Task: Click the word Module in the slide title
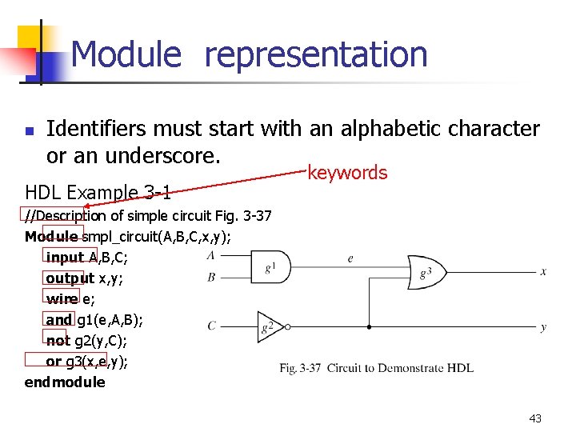(x=126, y=55)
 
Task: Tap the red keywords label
(x=347, y=173)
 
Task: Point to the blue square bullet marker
(x=29, y=130)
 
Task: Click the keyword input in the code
(x=65, y=258)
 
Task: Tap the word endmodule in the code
(x=65, y=382)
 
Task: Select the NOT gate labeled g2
(x=270, y=326)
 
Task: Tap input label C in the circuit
(x=211, y=326)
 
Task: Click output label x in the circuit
(x=543, y=272)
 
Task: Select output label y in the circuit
(x=543, y=327)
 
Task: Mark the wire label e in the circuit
(x=350, y=258)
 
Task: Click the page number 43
(x=535, y=418)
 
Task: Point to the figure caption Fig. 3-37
(x=376, y=368)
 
